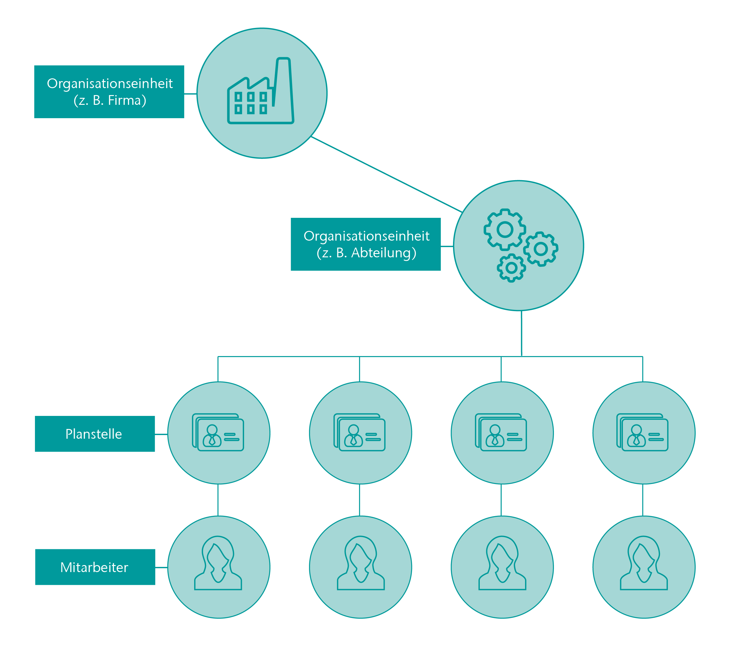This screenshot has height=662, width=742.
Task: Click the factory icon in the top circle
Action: pos(260,91)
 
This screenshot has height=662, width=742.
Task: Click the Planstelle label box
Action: pos(95,434)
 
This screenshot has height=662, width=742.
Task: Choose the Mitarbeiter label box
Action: pos(95,567)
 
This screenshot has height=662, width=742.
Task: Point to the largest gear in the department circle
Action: pos(505,229)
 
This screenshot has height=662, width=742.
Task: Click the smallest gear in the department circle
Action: pos(511,268)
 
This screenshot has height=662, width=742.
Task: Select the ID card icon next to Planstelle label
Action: pos(218,432)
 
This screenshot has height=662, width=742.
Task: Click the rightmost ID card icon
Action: pos(642,432)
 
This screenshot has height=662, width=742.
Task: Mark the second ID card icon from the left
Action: pos(359,432)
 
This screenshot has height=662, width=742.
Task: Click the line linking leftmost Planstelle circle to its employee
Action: pos(218,500)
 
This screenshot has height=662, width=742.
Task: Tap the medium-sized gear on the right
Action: pos(541,249)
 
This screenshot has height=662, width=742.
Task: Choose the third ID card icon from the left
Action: pos(501,432)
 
